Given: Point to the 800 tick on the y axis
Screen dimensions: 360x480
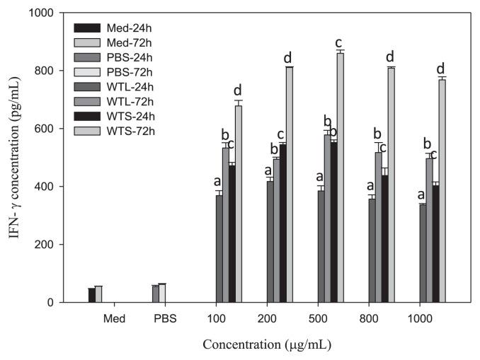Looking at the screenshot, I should (51, 71).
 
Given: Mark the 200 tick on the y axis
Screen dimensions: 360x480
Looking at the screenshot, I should (51, 245).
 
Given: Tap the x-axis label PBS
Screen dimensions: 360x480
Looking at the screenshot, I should (166, 319).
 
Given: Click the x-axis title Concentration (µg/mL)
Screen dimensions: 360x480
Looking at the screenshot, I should (266, 345).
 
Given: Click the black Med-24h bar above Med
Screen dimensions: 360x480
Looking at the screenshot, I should (91, 295).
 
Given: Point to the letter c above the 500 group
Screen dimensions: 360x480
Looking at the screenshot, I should (341, 42).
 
